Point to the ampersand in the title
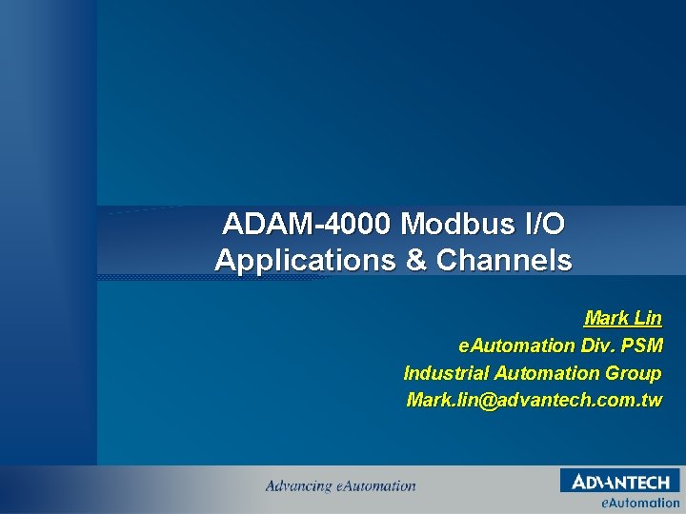point(417,260)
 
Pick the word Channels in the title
point(504,260)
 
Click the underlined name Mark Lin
point(622,318)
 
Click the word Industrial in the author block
point(449,373)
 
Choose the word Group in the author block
point(633,373)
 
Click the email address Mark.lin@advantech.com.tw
point(534,401)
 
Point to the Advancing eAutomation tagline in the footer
point(340,486)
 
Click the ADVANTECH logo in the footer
point(620,483)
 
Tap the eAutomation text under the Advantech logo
point(639,503)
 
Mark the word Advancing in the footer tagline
point(298,486)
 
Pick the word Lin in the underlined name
point(646,318)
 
